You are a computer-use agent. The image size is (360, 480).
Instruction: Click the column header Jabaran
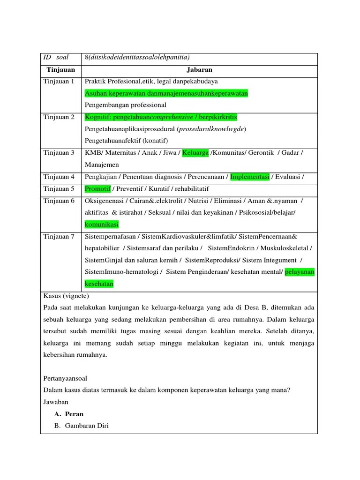(x=199, y=70)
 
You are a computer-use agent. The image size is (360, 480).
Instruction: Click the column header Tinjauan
(x=61, y=70)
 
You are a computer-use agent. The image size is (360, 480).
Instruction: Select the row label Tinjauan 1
(x=59, y=82)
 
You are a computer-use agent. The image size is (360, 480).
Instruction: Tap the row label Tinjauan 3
(x=59, y=153)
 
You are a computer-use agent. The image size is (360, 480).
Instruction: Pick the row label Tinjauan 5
(x=59, y=189)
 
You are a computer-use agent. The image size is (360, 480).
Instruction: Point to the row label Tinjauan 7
(x=59, y=236)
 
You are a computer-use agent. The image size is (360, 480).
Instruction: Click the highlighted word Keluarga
(x=195, y=153)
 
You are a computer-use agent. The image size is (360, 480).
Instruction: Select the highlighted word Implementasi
(x=250, y=177)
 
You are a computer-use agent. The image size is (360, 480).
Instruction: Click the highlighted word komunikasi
(x=102, y=225)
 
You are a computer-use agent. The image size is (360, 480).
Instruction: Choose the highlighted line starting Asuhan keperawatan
(x=166, y=93)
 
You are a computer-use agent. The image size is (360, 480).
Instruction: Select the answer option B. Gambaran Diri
(x=82, y=426)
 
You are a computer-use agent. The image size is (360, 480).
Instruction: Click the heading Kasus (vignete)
(x=66, y=296)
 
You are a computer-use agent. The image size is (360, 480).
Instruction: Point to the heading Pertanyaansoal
(x=65, y=378)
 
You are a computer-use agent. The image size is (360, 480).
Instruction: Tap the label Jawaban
(x=56, y=402)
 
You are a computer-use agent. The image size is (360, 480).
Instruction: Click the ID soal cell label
(x=56, y=58)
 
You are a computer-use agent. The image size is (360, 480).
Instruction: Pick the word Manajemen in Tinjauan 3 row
(x=102, y=165)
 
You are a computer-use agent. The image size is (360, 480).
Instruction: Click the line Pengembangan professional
(x=126, y=105)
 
